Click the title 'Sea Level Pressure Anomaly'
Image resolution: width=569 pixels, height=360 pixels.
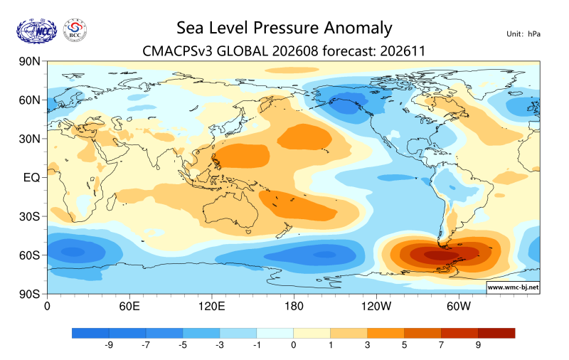coord(284,28)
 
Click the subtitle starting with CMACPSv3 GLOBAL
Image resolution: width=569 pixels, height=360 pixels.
coord(284,51)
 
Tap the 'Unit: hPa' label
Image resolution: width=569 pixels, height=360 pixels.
coord(523,34)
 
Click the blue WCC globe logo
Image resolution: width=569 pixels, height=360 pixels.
coord(37,31)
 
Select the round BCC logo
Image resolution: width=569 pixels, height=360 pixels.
coord(75,31)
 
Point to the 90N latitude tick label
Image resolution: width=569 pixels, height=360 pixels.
coord(29,61)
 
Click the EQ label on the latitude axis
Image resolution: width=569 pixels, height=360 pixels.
coord(31,177)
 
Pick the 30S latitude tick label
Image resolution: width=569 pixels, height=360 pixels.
coord(29,216)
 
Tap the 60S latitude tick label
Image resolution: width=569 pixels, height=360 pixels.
coord(29,255)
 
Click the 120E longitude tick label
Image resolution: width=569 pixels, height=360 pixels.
coord(211,307)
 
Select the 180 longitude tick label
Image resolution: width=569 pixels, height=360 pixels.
coord(294,307)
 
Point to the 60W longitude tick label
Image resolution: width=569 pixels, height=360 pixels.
coord(458,307)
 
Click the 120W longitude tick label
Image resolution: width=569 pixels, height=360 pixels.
coord(376,307)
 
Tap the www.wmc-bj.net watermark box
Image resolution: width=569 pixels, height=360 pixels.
coord(513,287)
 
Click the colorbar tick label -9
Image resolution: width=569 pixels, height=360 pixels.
coord(109,345)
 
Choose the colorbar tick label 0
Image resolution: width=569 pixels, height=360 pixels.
coord(294,345)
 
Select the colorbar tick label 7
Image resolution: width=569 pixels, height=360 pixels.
coord(441,345)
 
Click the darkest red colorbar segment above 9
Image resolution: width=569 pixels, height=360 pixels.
coord(496,333)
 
